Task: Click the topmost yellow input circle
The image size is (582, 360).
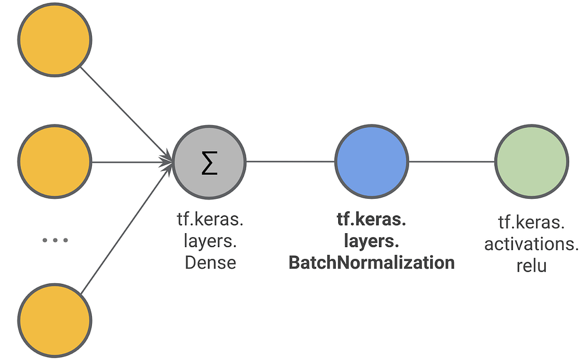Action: tap(55, 39)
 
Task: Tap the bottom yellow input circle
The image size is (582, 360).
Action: tap(55, 320)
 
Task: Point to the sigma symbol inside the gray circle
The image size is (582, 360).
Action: tap(210, 164)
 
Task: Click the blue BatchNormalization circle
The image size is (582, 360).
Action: tap(371, 161)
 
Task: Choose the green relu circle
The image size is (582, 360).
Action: tap(531, 161)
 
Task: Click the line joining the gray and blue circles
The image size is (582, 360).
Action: tap(290, 161)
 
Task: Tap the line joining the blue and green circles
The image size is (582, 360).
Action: tap(451, 161)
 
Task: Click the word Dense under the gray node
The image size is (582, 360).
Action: tap(210, 262)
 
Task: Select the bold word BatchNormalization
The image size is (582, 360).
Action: tap(371, 262)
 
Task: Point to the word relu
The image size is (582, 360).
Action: tap(531, 266)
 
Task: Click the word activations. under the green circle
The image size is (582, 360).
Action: tap(531, 244)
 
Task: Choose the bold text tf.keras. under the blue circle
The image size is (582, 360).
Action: tap(371, 219)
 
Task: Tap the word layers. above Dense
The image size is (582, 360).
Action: tap(210, 241)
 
